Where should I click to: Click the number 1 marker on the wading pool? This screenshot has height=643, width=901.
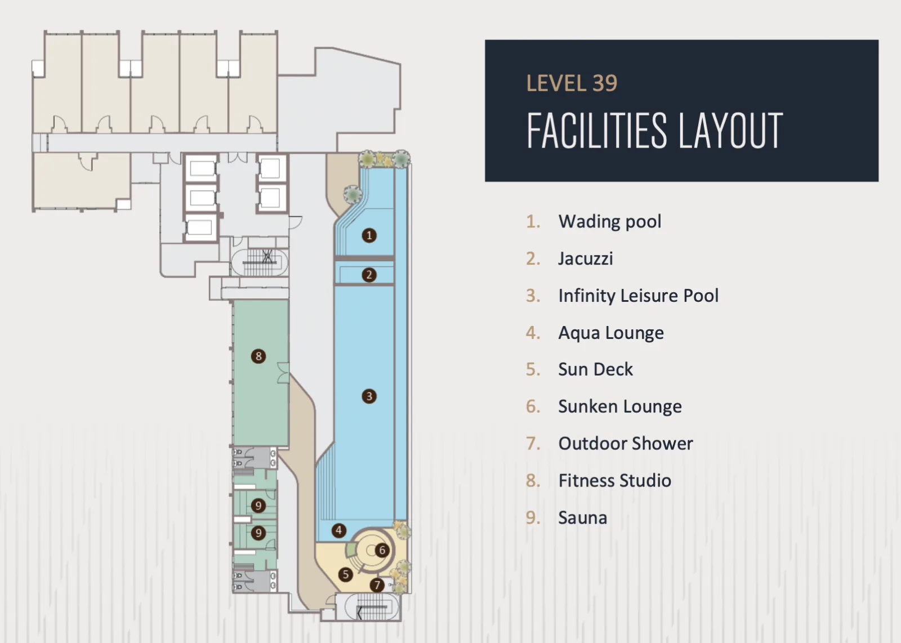click(x=369, y=235)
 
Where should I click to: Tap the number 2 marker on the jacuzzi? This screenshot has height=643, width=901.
click(x=369, y=275)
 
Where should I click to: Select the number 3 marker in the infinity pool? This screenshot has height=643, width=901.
click(x=369, y=396)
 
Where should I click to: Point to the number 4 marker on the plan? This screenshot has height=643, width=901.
click(x=338, y=530)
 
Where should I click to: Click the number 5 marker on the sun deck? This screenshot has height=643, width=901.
click(x=345, y=575)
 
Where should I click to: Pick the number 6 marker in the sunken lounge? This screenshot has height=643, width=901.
click(x=382, y=550)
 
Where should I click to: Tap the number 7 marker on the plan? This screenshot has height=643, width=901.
click(x=377, y=584)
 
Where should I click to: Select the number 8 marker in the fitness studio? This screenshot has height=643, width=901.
click(x=258, y=356)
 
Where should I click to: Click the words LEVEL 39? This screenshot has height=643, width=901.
click(x=572, y=83)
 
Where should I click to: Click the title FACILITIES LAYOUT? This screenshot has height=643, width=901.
click(x=655, y=130)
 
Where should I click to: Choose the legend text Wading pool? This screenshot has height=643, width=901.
click(x=610, y=222)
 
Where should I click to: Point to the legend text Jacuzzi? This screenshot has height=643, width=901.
click(x=586, y=258)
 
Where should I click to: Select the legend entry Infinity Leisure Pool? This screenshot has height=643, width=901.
click(x=639, y=296)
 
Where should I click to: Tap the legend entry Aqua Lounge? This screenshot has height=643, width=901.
click(x=611, y=333)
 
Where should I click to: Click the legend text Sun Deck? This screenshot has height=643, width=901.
click(x=595, y=369)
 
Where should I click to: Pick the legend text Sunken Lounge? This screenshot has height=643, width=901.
click(x=620, y=407)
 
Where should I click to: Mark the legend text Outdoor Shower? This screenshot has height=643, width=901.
click(x=626, y=444)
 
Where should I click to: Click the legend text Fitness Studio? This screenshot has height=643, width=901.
click(x=614, y=480)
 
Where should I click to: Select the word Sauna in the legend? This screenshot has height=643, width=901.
click(x=582, y=518)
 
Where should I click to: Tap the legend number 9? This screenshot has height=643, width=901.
click(x=533, y=518)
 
